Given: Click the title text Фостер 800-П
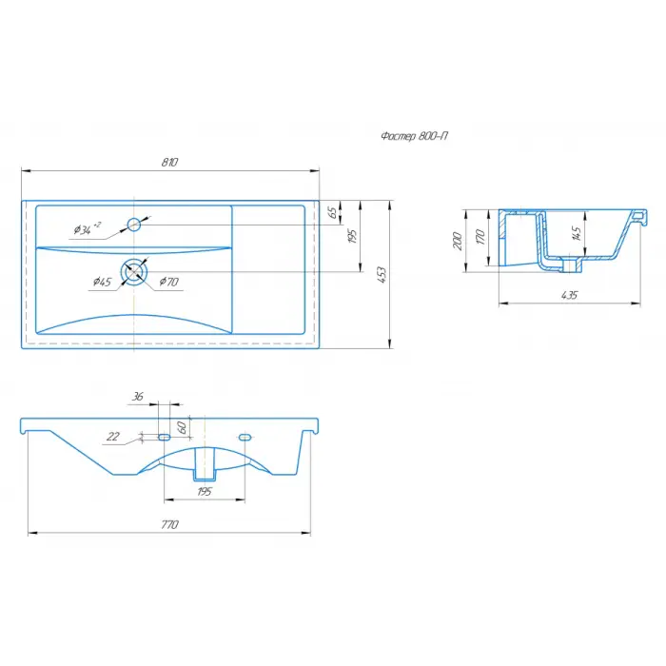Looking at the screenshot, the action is (414, 136).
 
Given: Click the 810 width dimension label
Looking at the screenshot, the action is (169, 163).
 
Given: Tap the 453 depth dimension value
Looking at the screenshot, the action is (382, 275).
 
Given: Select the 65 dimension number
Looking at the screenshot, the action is (333, 212).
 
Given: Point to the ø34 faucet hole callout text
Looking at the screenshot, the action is (88, 229).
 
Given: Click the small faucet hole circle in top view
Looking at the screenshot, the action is (134, 225).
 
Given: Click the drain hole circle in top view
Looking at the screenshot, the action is (134, 271).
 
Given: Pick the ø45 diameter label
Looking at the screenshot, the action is (103, 282).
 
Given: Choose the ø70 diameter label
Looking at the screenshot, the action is (169, 282).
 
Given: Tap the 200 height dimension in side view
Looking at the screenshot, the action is (458, 241).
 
